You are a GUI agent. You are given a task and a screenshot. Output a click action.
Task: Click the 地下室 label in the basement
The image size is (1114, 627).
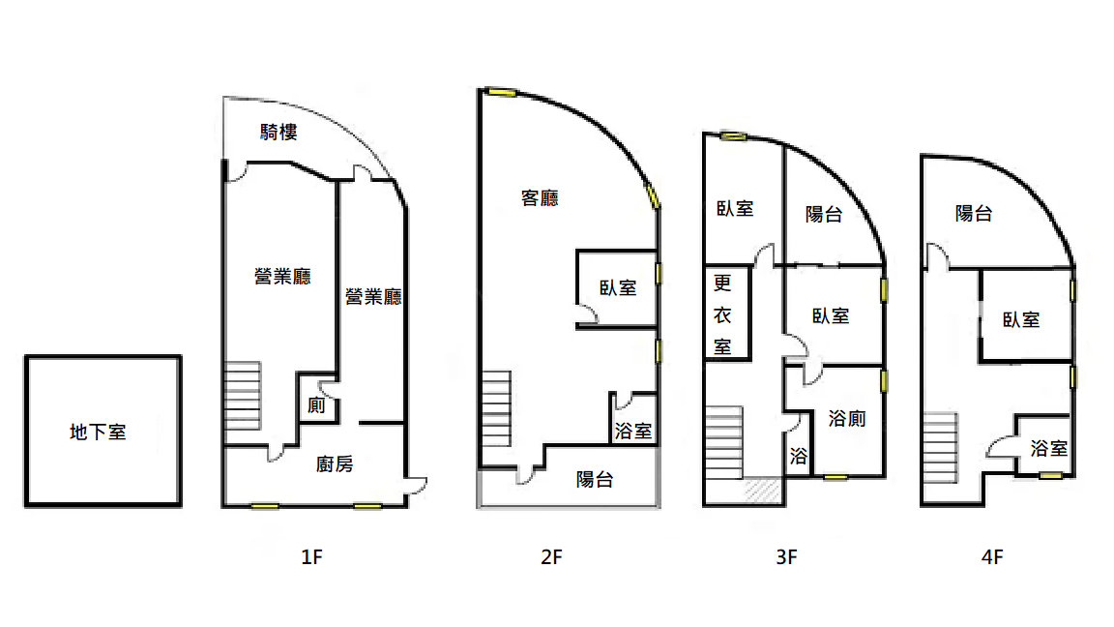(98, 432)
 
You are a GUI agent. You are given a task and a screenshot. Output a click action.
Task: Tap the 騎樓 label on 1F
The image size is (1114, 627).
(278, 133)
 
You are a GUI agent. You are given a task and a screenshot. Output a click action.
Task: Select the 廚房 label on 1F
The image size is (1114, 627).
(335, 464)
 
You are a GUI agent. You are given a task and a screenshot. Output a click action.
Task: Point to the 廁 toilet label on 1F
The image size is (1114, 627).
(316, 405)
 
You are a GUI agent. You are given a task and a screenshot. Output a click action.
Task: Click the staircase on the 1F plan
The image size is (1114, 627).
(243, 396)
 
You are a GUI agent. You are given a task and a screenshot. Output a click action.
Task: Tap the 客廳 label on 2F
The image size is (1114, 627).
(540, 197)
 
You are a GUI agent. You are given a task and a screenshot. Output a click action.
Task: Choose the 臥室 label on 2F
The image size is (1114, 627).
(618, 288)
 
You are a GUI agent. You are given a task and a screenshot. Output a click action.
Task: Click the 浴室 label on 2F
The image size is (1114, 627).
(633, 431)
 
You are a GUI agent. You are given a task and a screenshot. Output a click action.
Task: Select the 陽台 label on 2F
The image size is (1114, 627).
(595, 480)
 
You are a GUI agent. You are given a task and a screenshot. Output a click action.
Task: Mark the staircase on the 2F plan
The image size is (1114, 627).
(496, 408)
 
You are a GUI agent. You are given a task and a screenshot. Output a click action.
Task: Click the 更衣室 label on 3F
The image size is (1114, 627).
(722, 314)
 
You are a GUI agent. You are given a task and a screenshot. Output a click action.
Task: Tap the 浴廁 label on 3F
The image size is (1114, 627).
(847, 419)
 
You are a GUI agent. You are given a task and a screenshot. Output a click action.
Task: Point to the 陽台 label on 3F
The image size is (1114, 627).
(824, 214)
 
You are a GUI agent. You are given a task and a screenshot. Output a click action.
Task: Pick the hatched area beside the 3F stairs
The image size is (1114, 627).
(763, 490)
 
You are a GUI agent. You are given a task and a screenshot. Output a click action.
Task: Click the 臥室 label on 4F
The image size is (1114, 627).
(1021, 320)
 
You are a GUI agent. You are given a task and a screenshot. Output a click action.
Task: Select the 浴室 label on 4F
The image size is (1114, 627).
(1048, 449)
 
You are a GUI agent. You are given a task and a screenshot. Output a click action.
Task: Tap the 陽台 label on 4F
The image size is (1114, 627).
(974, 213)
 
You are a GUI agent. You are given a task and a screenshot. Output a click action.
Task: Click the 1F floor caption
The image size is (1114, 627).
(312, 556)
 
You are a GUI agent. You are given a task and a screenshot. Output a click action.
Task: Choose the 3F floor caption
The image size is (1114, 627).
(786, 556)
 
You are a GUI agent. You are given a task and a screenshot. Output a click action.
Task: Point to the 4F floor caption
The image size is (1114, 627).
(992, 556)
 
